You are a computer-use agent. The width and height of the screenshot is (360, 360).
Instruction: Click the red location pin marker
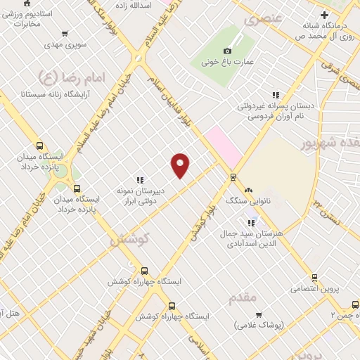tap(181, 165)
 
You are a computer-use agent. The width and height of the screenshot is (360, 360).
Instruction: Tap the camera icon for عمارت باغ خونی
tap(227, 51)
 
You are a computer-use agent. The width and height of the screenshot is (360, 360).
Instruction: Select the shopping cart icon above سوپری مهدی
tap(65, 33)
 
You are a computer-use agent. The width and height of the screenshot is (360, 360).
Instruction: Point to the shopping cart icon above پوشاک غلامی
tap(258, 314)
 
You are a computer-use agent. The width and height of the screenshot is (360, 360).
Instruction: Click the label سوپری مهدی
tap(65, 45)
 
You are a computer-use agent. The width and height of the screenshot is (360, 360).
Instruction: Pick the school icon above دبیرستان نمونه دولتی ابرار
tap(140, 179)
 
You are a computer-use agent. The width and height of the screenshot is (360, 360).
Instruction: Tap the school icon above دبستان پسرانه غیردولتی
tap(276, 94)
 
